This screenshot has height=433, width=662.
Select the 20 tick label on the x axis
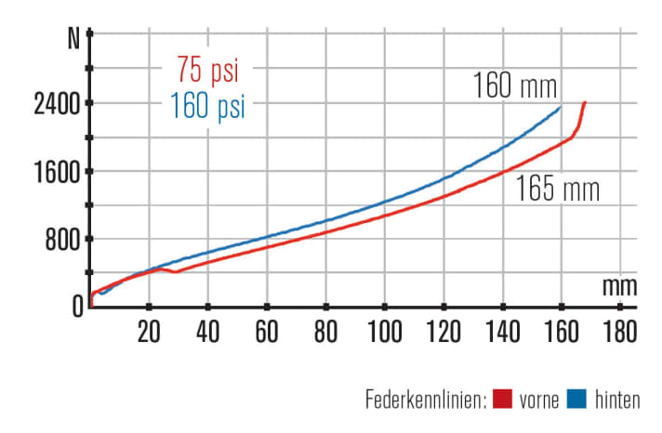149,331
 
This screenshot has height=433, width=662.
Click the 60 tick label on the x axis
267,331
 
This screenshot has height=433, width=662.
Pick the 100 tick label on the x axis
384,331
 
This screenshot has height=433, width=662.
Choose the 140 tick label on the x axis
502,331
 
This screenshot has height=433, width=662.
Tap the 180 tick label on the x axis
619,331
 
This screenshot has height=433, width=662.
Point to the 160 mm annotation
514,87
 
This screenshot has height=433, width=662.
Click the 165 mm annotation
558,190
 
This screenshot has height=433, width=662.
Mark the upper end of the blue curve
561,107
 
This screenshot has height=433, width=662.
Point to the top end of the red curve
585,102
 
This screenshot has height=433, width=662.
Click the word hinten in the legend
618,400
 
